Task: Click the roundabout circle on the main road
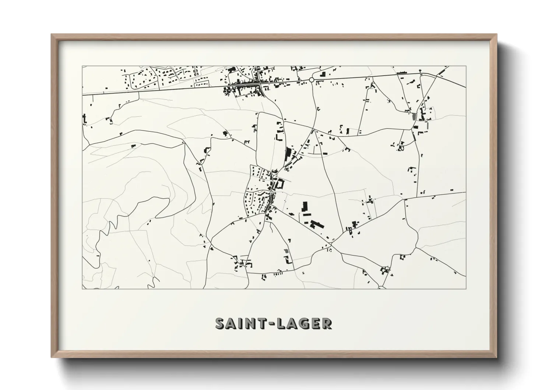click(x=312, y=80)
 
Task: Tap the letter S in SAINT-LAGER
click(x=220, y=323)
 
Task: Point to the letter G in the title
click(x=304, y=323)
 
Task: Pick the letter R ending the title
click(x=327, y=323)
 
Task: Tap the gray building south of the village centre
click(x=286, y=251)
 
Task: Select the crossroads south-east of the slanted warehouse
click(x=331, y=244)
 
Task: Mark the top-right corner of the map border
click(x=466, y=66)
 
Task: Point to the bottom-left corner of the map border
click(x=82, y=289)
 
